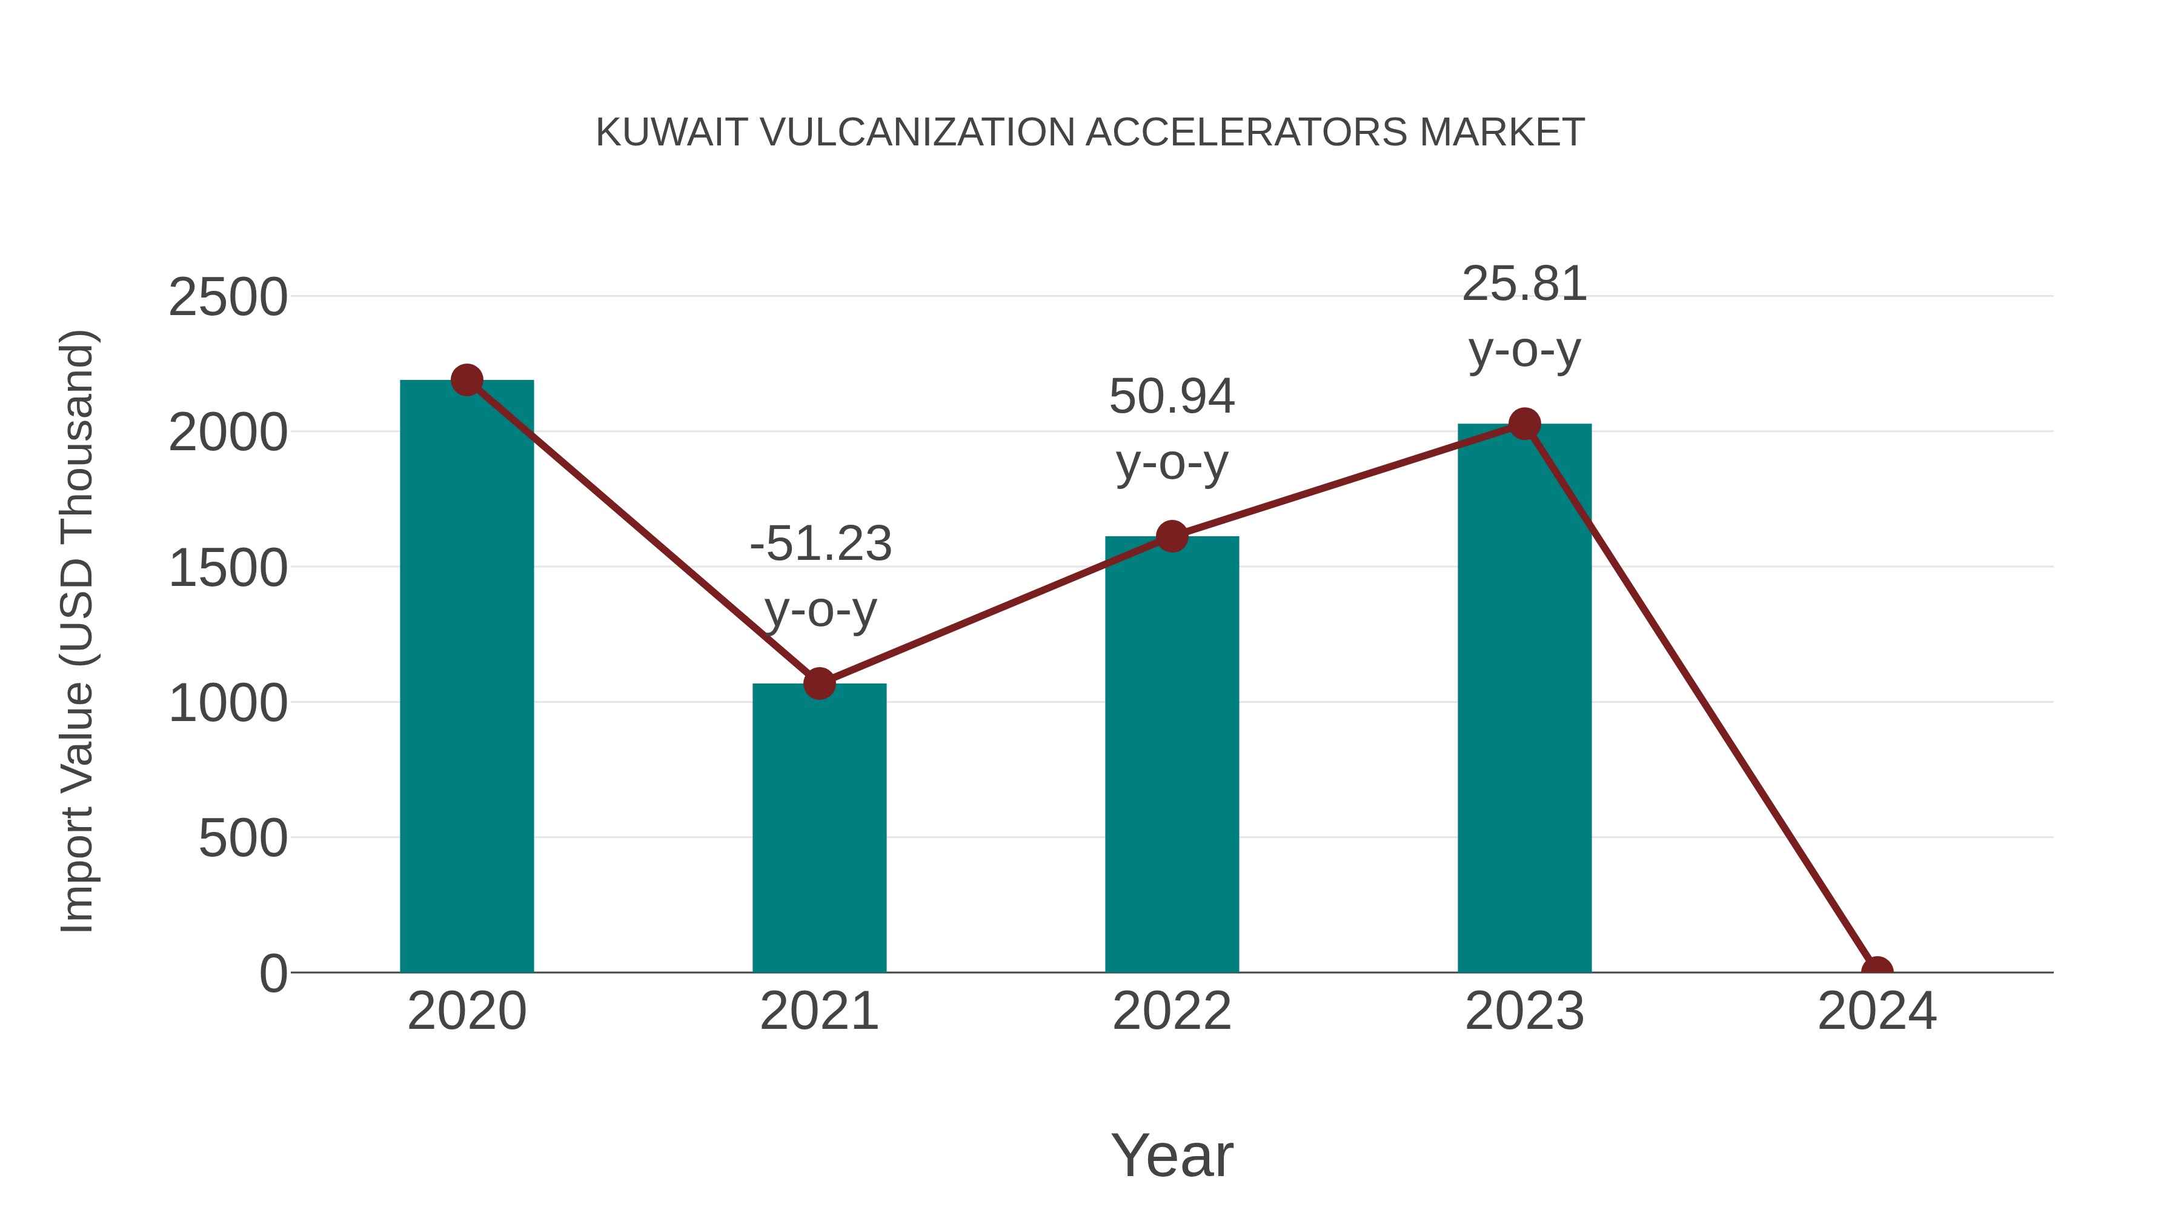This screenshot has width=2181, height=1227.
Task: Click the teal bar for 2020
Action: (x=466, y=677)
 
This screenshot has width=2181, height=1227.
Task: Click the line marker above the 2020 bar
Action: (x=466, y=380)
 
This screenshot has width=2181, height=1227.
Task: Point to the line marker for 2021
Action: (x=818, y=683)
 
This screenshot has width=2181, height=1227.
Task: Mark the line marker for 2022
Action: (x=1172, y=536)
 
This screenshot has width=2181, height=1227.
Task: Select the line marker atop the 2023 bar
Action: (x=1525, y=424)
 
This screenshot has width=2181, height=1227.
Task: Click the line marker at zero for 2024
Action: (x=1877, y=971)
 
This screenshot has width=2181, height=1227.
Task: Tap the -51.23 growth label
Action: (x=820, y=544)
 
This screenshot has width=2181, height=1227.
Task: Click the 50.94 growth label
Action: (x=1172, y=396)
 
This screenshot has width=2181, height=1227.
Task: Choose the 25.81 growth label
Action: (x=1524, y=284)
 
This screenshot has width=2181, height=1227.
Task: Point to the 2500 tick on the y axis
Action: (x=228, y=298)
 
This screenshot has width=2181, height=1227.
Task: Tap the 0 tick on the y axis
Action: (x=273, y=973)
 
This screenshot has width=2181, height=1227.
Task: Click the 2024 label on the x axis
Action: (x=1877, y=1011)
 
